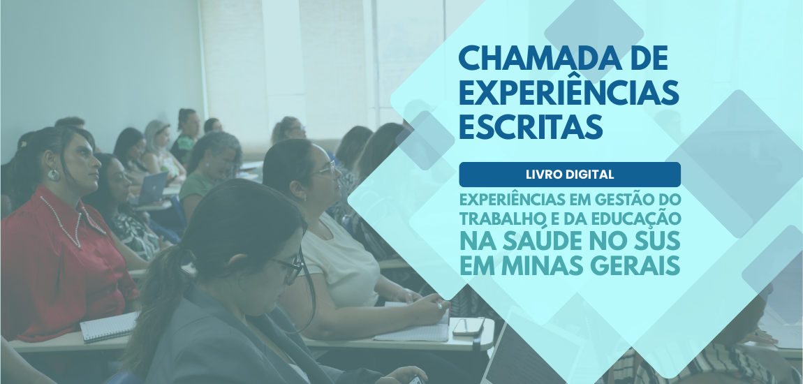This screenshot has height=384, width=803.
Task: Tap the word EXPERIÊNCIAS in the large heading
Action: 568,93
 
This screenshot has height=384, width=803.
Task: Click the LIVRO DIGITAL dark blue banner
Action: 569,174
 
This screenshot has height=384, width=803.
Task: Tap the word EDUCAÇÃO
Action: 638,219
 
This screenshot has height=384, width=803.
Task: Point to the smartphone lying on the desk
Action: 468,326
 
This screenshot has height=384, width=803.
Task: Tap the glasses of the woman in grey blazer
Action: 290,266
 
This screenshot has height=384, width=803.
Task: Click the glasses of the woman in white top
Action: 324,170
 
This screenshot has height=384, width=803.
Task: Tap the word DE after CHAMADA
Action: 649,58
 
